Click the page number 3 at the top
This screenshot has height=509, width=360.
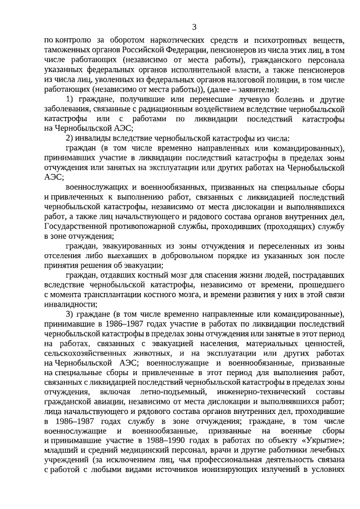click(194, 26)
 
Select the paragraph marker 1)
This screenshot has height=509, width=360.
click(70, 100)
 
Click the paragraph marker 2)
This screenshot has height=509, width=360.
click(70, 138)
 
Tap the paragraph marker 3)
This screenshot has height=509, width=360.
click(70, 313)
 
